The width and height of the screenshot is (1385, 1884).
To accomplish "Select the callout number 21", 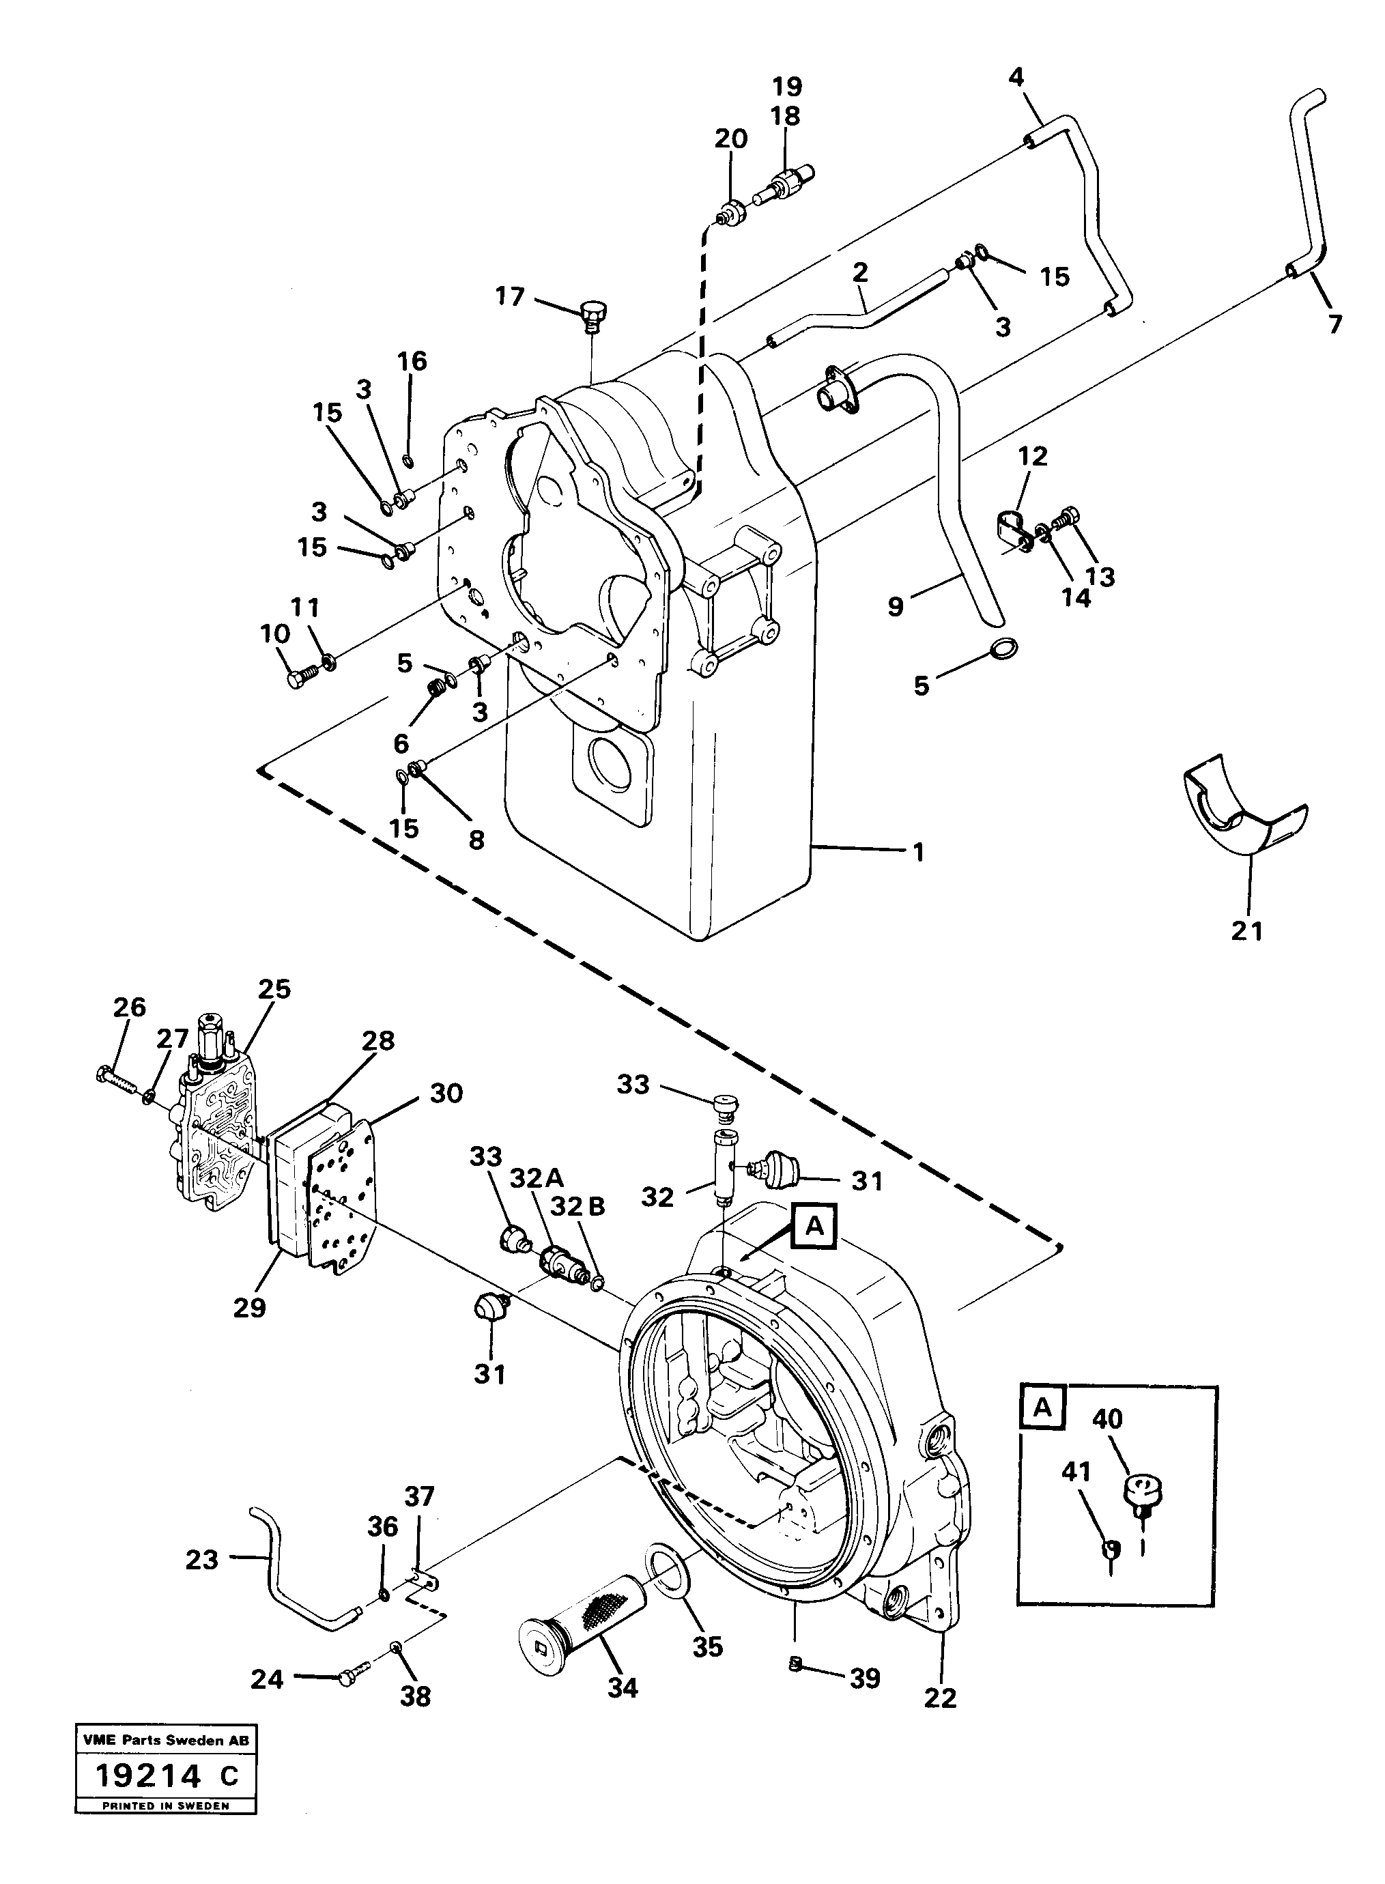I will (1246, 930).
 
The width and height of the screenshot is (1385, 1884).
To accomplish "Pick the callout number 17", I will (510, 296).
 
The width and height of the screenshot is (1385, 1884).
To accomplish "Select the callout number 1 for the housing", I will (918, 853).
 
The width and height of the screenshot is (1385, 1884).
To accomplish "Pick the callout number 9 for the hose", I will (896, 606).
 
